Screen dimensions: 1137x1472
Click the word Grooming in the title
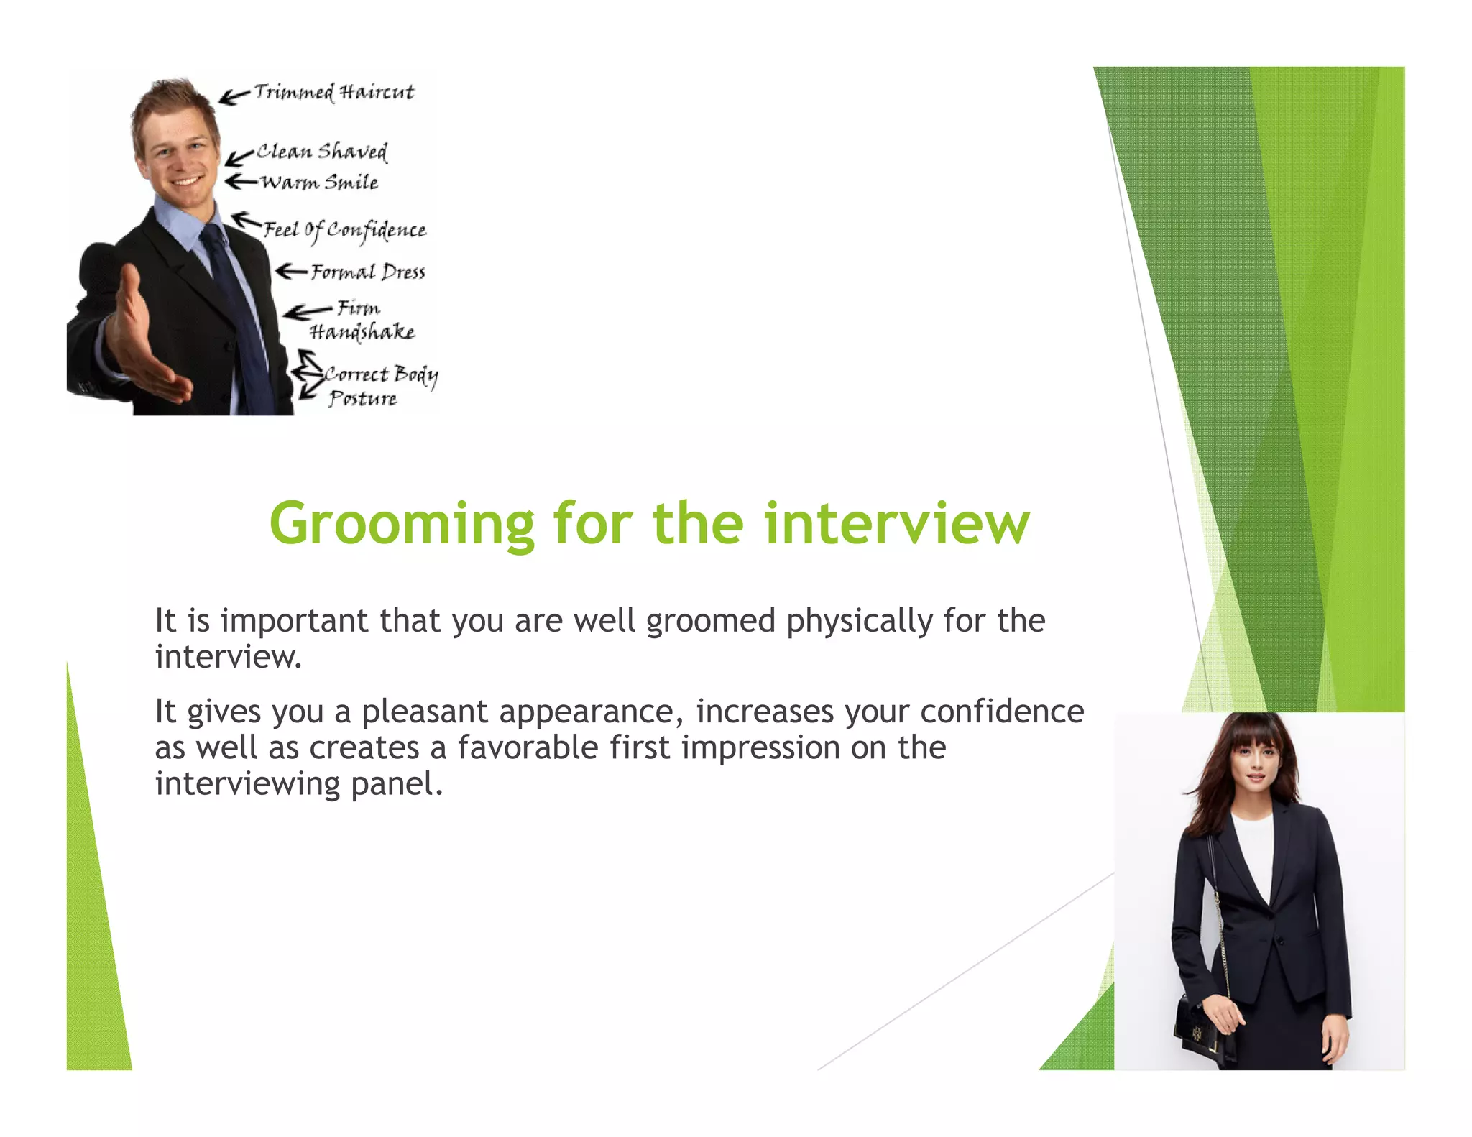point(402,525)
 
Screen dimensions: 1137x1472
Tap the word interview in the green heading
point(896,525)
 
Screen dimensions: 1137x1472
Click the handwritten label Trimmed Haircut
point(334,93)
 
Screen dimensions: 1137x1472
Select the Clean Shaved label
point(322,152)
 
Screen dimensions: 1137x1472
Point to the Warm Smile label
point(319,183)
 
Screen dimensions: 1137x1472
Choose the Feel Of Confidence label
point(345,230)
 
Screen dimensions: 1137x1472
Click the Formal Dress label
point(368,272)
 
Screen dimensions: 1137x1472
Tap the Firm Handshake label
point(362,320)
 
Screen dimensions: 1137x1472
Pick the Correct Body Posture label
point(379,386)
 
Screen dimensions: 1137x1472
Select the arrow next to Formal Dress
point(291,271)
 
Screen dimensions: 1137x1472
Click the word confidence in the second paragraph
point(1002,712)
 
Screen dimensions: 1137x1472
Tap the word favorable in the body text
point(528,747)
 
